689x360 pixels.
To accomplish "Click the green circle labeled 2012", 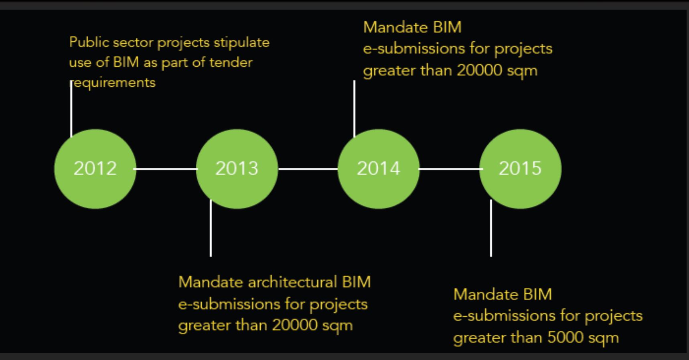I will coord(95,169).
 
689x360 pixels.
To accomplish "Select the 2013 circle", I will coord(237,169).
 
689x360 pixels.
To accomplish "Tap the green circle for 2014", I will coord(378,169).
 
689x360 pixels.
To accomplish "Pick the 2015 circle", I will coord(520,169).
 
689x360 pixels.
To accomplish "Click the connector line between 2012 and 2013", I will coord(166,169).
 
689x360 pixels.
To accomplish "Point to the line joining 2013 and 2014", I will coord(308,169).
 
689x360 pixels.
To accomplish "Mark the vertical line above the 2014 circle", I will coord(354,108).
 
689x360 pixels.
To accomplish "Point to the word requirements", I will coord(113,83).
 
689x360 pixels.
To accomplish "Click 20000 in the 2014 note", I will coord(479,71).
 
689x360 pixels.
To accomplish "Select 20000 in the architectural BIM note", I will coord(295,325).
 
